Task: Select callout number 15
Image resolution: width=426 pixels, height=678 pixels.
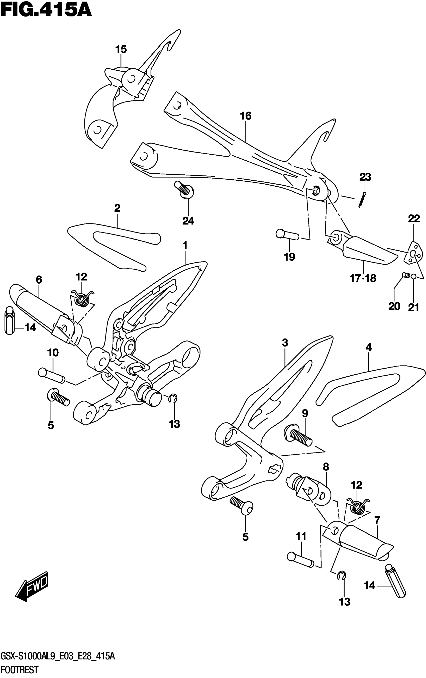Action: click(x=121, y=49)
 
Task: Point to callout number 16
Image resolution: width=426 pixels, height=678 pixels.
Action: click(x=246, y=116)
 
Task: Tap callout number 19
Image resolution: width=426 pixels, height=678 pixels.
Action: click(x=289, y=257)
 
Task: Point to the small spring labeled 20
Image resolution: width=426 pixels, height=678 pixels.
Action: click(x=405, y=275)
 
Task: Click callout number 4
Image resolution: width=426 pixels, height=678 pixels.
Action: click(x=368, y=348)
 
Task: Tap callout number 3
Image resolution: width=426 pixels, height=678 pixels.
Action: click(x=285, y=343)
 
